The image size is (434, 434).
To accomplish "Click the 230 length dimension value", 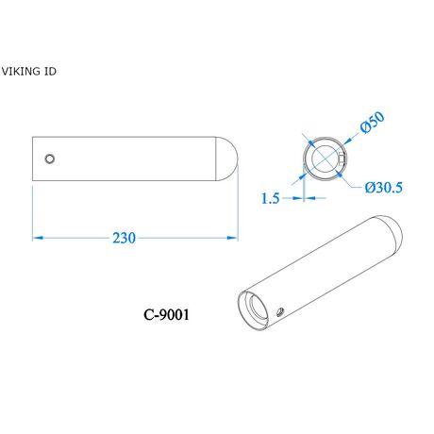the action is pos(125,238).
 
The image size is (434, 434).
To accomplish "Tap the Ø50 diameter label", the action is pos(373,123).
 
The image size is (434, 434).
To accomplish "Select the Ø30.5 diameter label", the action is pos(383,188).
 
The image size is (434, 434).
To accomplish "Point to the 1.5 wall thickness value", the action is pos(271,198).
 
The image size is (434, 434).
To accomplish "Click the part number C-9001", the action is pos(166,314).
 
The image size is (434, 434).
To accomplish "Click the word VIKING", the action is pos(21,72).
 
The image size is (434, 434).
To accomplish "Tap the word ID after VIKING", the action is pos(50,72).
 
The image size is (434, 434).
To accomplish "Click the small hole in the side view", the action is pos(50,159).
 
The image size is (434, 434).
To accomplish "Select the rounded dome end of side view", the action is pos(226,159).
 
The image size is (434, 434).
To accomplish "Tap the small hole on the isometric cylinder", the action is pos(280,312).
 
